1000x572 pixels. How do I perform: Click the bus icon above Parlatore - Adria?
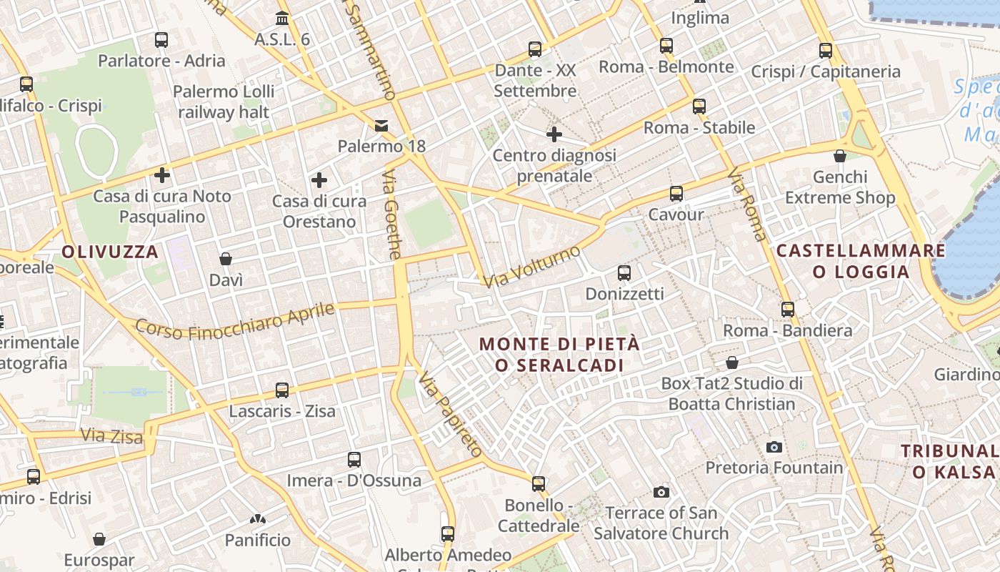[161, 40]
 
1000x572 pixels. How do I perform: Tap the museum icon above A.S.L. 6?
[282, 18]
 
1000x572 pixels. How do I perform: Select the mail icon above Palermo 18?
[381, 126]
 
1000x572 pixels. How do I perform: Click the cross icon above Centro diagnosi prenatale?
[554, 134]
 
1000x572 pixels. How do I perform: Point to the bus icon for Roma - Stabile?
[699, 107]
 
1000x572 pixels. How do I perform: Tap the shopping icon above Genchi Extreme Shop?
[840, 156]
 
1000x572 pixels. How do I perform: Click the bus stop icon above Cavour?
[676, 193]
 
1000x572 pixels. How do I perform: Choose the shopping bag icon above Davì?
[226, 259]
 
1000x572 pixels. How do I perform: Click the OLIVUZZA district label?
[110, 252]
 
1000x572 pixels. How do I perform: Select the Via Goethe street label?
[392, 214]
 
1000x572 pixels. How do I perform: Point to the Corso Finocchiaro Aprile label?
[235, 321]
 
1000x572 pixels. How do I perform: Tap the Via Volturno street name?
[531, 266]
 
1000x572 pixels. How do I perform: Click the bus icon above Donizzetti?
[624, 272]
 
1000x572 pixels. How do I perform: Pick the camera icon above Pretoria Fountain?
[774, 447]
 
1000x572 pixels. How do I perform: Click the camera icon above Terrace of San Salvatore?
[661, 492]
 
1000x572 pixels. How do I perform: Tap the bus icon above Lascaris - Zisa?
[282, 390]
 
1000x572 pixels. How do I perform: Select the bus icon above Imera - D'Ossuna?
[354, 460]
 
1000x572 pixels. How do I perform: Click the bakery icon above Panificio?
[258, 519]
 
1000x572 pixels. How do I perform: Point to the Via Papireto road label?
[450, 414]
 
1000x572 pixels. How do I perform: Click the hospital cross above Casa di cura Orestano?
[319, 180]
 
